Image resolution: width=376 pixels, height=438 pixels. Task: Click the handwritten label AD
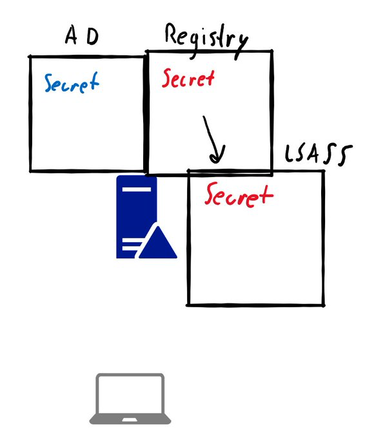click(x=82, y=35)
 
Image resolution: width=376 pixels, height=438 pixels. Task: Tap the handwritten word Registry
click(x=206, y=41)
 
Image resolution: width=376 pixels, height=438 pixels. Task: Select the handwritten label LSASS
click(x=319, y=154)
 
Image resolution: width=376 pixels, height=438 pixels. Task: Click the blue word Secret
click(x=72, y=82)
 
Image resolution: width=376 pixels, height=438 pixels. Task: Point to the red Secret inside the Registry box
click(x=188, y=78)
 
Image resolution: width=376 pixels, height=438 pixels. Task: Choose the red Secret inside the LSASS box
click(x=239, y=195)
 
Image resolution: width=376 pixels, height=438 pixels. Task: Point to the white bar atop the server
click(x=137, y=189)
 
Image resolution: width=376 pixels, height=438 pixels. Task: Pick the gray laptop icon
click(x=130, y=399)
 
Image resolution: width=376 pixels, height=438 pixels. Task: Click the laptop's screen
click(x=130, y=394)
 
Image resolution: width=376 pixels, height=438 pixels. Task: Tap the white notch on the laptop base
click(x=130, y=420)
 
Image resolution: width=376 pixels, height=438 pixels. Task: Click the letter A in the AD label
click(x=72, y=35)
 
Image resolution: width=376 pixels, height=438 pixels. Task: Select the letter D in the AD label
click(x=93, y=36)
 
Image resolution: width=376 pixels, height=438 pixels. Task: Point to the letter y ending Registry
click(x=241, y=47)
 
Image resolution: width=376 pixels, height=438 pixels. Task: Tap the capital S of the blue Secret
click(x=49, y=82)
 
